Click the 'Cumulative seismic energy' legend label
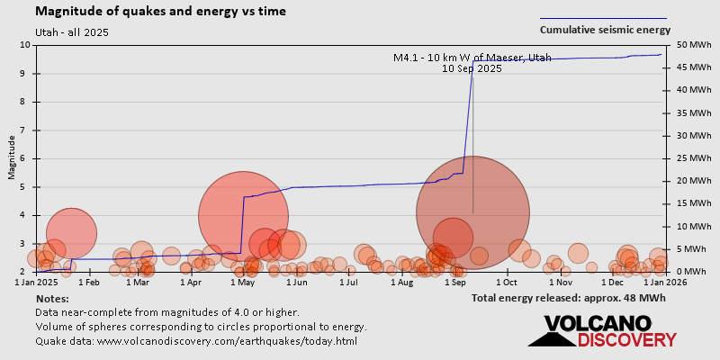click(604, 30)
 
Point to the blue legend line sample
click(603, 18)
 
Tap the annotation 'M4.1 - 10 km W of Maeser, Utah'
click(472, 58)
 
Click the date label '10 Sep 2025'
click(472, 68)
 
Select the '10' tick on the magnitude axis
click(23, 45)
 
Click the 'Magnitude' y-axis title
click(12, 157)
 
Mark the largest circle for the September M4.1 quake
click(472, 213)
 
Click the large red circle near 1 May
click(243, 216)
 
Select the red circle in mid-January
click(71, 233)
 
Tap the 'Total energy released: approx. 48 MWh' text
click(569, 298)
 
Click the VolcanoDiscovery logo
click(602, 330)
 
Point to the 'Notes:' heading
click(52, 298)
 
